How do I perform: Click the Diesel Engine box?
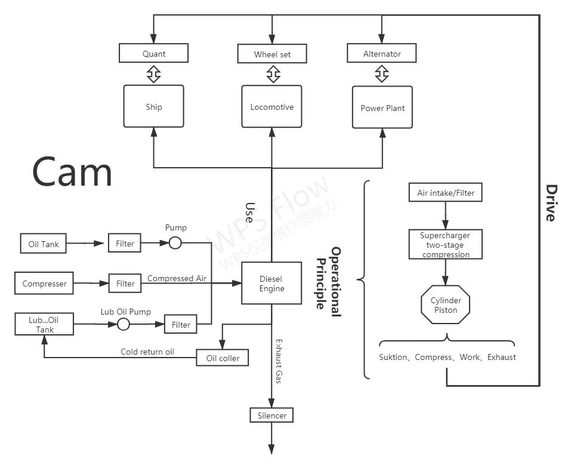pos(272,284)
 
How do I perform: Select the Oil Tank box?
pos(44,244)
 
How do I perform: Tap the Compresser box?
pos(44,284)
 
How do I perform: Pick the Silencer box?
pos(272,415)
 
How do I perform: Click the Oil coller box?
pos(223,358)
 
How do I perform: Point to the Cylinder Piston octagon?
pos(446,306)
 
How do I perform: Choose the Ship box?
pos(153,106)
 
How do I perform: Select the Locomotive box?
pos(272,107)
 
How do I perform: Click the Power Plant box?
pos(382,107)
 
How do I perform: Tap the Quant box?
pos(153,54)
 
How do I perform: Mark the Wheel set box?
pos(272,54)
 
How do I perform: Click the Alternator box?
pos(382,54)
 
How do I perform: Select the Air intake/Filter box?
pos(445,193)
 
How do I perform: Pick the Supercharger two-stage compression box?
pos(445,245)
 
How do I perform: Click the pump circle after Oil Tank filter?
pos(175,243)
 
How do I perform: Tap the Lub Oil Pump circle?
pos(123,324)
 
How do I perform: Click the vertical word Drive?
pos(550,203)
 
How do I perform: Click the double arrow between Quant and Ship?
pos(153,75)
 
